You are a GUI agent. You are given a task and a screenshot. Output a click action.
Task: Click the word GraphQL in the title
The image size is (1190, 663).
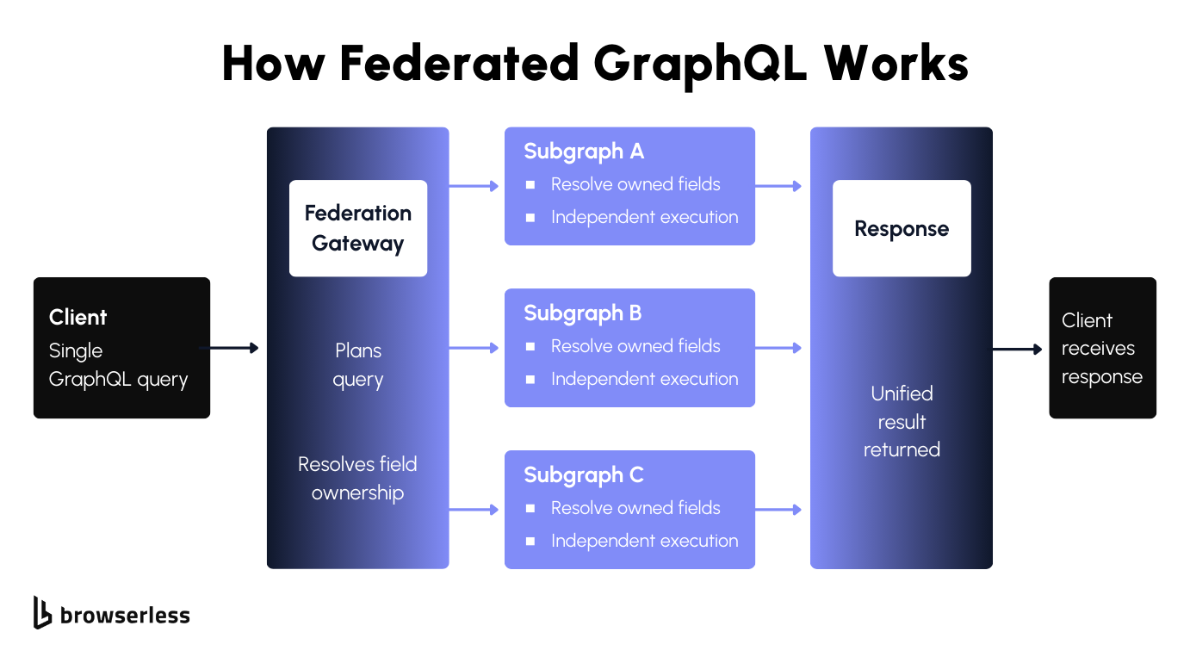700,65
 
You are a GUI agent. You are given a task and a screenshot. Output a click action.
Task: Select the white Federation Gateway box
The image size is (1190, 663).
358,228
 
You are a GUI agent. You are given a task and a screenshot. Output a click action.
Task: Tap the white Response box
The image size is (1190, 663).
902,228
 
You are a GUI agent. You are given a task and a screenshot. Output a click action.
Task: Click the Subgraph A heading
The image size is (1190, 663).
584,152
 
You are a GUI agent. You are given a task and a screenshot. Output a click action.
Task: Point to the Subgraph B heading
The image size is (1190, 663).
583,313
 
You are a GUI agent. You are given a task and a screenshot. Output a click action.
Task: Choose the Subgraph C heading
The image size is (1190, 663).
584,475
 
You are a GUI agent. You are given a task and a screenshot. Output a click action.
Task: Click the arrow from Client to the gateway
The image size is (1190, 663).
229,348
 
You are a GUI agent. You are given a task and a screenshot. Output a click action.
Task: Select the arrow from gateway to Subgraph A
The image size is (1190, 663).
474,186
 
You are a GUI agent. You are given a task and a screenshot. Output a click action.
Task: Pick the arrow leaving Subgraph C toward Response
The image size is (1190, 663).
778,510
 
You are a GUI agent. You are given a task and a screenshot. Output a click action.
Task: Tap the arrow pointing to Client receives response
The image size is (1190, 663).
1017,349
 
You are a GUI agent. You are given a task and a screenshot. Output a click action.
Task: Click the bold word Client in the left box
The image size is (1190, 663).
78,317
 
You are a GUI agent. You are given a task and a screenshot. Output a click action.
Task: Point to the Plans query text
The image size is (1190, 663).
358,365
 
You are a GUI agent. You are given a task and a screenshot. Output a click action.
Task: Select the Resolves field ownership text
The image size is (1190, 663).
357,479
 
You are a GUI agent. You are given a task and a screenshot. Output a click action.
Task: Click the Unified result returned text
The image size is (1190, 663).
902,422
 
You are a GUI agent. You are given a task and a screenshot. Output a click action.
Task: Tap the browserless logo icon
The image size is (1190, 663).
42,612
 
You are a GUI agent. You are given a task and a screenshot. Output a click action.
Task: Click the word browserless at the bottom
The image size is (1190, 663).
125,615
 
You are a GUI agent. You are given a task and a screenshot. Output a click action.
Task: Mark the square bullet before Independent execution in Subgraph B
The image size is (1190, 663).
530,380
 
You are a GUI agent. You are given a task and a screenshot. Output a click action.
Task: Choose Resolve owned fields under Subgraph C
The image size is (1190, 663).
635,508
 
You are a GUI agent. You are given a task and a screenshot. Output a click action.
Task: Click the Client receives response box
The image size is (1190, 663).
1102,348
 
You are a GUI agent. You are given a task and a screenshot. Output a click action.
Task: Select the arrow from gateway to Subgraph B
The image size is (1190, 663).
474,348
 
